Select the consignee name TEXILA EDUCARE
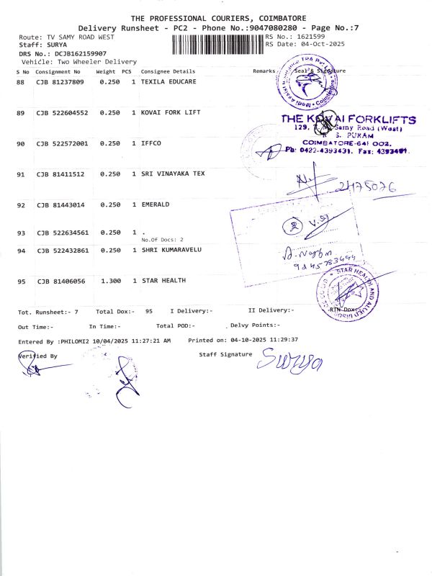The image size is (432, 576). [x=168, y=83]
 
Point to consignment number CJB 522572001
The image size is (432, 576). [x=63, y=144]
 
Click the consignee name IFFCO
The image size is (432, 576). [x=151, y=144]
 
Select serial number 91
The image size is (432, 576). [x=21, y=174]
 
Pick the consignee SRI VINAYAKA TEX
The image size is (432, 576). [x=174, y=174]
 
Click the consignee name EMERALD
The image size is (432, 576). [x=156, y=204]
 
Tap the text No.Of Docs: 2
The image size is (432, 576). [x=163, y=239]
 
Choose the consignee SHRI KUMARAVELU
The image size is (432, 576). [x=171, y=250]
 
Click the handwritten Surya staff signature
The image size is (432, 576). [x=285, y=358]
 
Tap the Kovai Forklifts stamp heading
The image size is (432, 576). [x=348, y=120]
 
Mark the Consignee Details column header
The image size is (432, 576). [x=168, y=72]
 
